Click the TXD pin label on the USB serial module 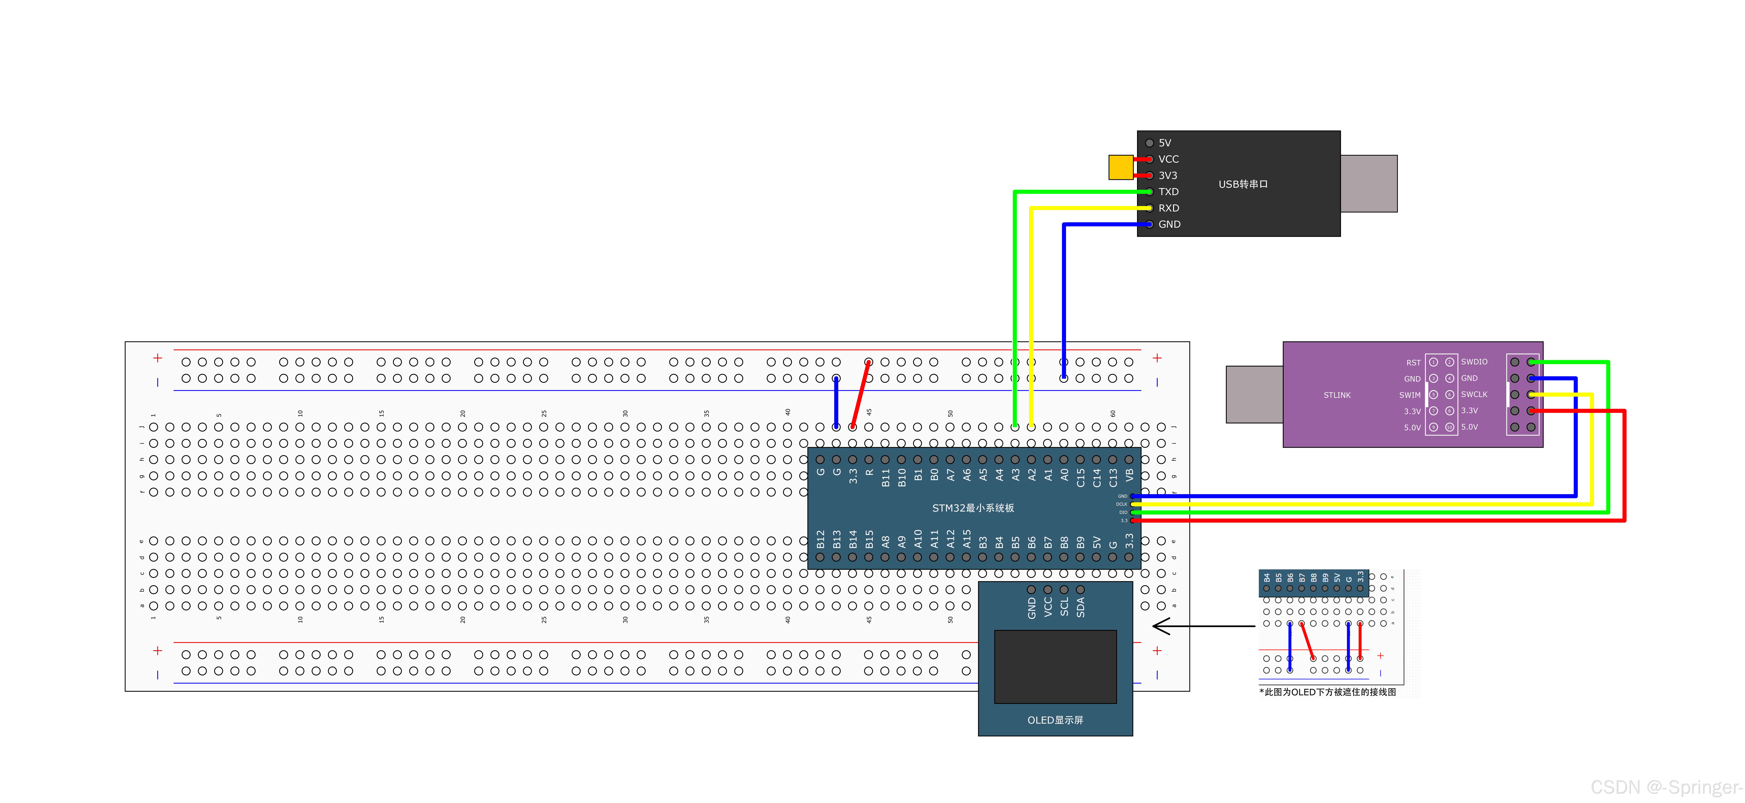click(x=1169, y=192)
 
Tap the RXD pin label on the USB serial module click(x=1169, y=208)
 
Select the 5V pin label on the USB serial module click(x=1165, y=143)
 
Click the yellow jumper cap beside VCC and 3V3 click(x=1120, y=167)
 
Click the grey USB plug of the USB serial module click(x=1368, y=184)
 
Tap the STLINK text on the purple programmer click(x=1337, y=395)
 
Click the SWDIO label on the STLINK click(x=1474, y=362)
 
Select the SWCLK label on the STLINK click(x=1474, y=394)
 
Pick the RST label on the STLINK click(x=1413, y=362)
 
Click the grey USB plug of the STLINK click(x=1254, y=394)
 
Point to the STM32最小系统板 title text click(x=973, y=508)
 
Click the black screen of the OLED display click(x=1055, y=667)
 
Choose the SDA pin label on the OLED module click(x=1080, y=607)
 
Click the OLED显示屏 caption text click(x=1055, y=720)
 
